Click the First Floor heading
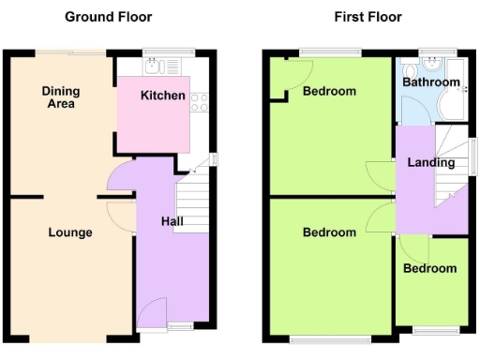pos(367,17)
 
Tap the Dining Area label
pos(61,97)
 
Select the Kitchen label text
pos(162,96)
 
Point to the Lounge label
pos(70,232)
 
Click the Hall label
pos(172,222)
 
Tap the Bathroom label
pos(431,82)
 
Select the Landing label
pos(431,162)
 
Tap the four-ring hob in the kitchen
pos(200,102)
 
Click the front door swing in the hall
pos(153,311)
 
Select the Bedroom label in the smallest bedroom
pos(430,268)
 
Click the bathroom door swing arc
pos(419,111)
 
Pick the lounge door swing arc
pos(119,214)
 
